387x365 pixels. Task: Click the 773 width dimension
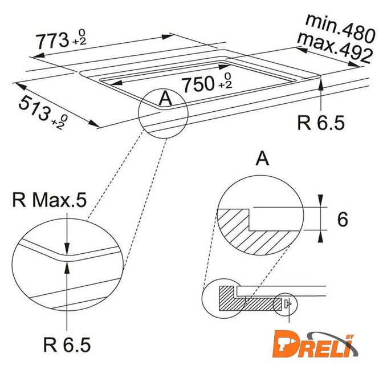(61, 40)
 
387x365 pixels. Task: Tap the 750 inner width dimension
(207, 83)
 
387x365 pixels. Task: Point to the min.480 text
(341, 28)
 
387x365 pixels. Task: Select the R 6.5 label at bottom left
(67, 344)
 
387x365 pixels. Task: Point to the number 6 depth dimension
(343, 219)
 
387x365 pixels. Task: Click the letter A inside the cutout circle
(165, 98)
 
